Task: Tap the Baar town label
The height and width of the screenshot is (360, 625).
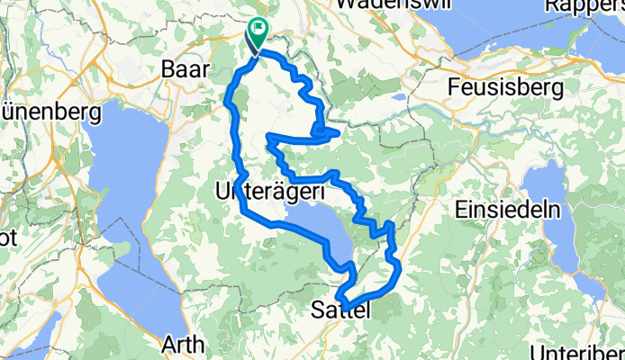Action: (x=182, y=68)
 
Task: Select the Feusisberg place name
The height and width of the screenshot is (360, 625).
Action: (x=506, y=88)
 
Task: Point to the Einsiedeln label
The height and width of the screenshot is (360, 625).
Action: (x=513, y=209)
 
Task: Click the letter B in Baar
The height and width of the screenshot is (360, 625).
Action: (x=167, y=68)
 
